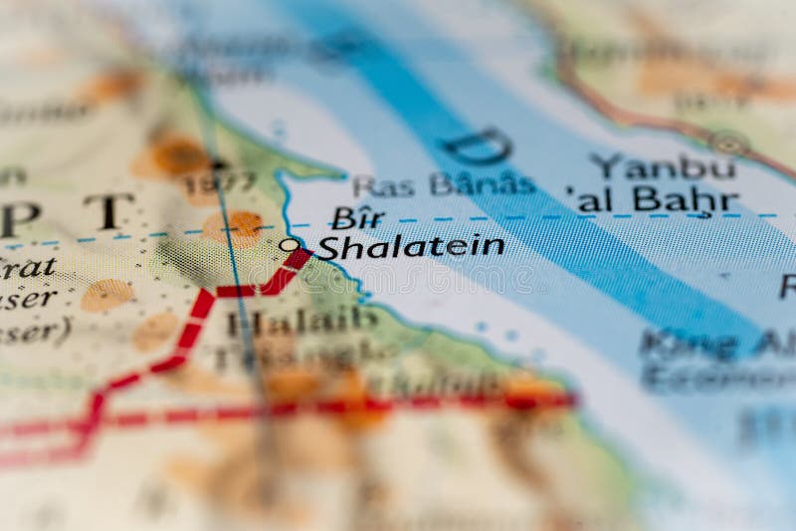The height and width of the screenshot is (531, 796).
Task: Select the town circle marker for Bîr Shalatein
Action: (288, 244)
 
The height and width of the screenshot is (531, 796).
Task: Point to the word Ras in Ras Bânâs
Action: (383, 185)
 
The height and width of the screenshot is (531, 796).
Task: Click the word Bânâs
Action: (482, 183)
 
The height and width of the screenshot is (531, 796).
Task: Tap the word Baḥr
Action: (686, 200)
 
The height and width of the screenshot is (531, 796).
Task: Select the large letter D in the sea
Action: (479, 146)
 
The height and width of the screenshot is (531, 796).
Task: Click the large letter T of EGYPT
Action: (108, 211)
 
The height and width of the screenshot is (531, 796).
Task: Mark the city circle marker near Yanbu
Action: (730, 142)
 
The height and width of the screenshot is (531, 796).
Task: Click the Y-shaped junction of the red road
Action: (208, 293)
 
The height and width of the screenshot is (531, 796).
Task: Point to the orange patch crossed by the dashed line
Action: (235, 228)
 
